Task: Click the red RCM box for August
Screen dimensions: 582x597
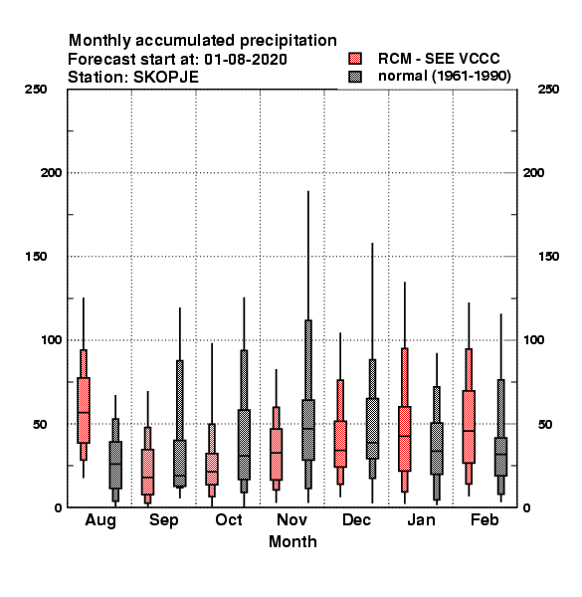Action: click(84, 410)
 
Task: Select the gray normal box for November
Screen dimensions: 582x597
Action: click(308, 430)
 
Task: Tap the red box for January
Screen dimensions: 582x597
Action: click(405, 439)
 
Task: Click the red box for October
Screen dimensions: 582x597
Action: click(212, 469)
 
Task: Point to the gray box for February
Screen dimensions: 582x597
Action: click(501, 457)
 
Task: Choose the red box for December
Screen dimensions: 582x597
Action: click(340, 444)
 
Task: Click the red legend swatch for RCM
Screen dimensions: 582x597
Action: click(355, 59)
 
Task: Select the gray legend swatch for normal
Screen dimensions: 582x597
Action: click(355, 77)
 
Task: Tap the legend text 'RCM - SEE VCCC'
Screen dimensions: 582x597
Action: click(439, 59)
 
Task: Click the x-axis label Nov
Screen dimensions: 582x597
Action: click(291, 519)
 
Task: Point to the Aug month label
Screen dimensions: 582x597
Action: click(100, 520)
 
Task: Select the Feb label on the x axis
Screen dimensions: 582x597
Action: click(485, 519)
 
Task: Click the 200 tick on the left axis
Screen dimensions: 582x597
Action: click(51, 173)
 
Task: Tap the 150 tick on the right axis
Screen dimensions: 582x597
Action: click(548, 257)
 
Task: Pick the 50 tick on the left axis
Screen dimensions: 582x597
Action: click(40, 424)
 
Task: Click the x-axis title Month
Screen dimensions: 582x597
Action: click(292, 542)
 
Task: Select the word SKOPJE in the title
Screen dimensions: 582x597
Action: click(166, 78)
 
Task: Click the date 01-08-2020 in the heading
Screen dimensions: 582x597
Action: click(246, 60)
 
